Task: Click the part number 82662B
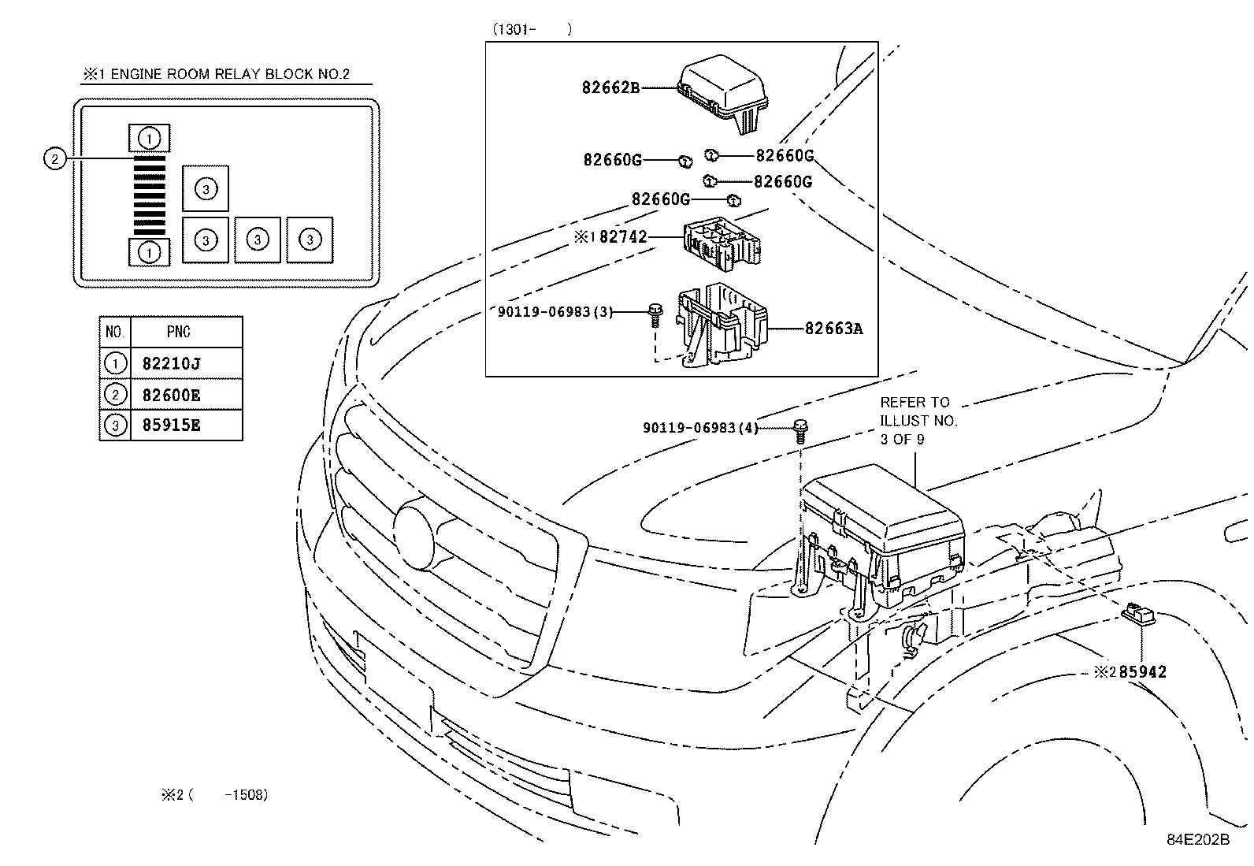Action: pos(610,88)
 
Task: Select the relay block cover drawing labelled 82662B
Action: pos(722,94)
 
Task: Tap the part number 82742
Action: pos(623,237)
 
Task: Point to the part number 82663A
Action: pos(834,329)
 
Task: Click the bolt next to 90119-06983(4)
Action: pos(800,432)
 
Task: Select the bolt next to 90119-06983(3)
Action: pos(655,315)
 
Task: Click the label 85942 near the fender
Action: pos(1143,671)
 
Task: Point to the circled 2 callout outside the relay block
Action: pos(54,159)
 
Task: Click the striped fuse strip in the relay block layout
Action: pos(150,195)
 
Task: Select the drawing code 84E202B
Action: pos(1198,840)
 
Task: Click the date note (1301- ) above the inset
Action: pos(532,29)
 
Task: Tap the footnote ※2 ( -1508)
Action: pos(215,795)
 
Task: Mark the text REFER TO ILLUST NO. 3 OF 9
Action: pos(918,421)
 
